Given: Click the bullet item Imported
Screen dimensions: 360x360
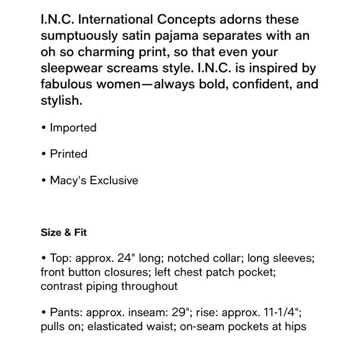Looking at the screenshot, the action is point(73,128).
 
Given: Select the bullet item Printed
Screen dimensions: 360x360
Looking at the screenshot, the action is point(68,154).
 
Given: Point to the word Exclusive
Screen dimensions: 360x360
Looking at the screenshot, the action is point(115,180).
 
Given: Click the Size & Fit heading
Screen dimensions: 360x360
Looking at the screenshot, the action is point(64,233).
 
